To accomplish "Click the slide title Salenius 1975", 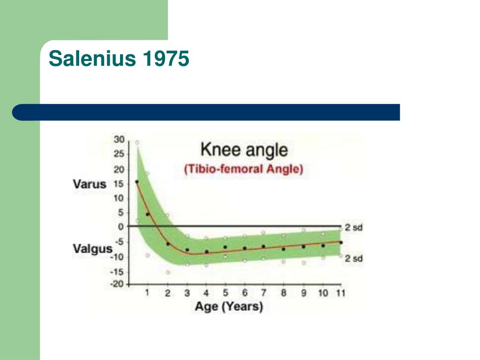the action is [119, 58].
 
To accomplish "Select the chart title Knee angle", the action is [244, 150].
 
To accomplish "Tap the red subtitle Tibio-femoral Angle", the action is [244, 169].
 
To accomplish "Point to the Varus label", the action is [90, 184].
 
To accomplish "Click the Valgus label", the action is [92, 248].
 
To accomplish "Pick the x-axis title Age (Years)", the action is [229, 307].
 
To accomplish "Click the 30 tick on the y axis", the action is [120, 140].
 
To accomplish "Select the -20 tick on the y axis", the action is [117, 284].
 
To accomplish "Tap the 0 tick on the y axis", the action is [121, 227].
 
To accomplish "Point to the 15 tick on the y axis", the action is [120, 184].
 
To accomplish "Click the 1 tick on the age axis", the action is [147, 292].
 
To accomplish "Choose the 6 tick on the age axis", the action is [245, 292].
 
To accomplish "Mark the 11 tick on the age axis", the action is [341, 293].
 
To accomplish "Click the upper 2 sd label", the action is [353, 228].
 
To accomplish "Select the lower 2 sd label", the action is [353, 259].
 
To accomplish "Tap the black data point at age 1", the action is [148, 214].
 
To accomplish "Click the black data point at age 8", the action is [284, 249].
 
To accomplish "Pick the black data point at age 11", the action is [341, 242].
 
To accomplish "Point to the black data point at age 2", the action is [168, 244].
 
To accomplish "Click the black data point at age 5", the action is [225, 247].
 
